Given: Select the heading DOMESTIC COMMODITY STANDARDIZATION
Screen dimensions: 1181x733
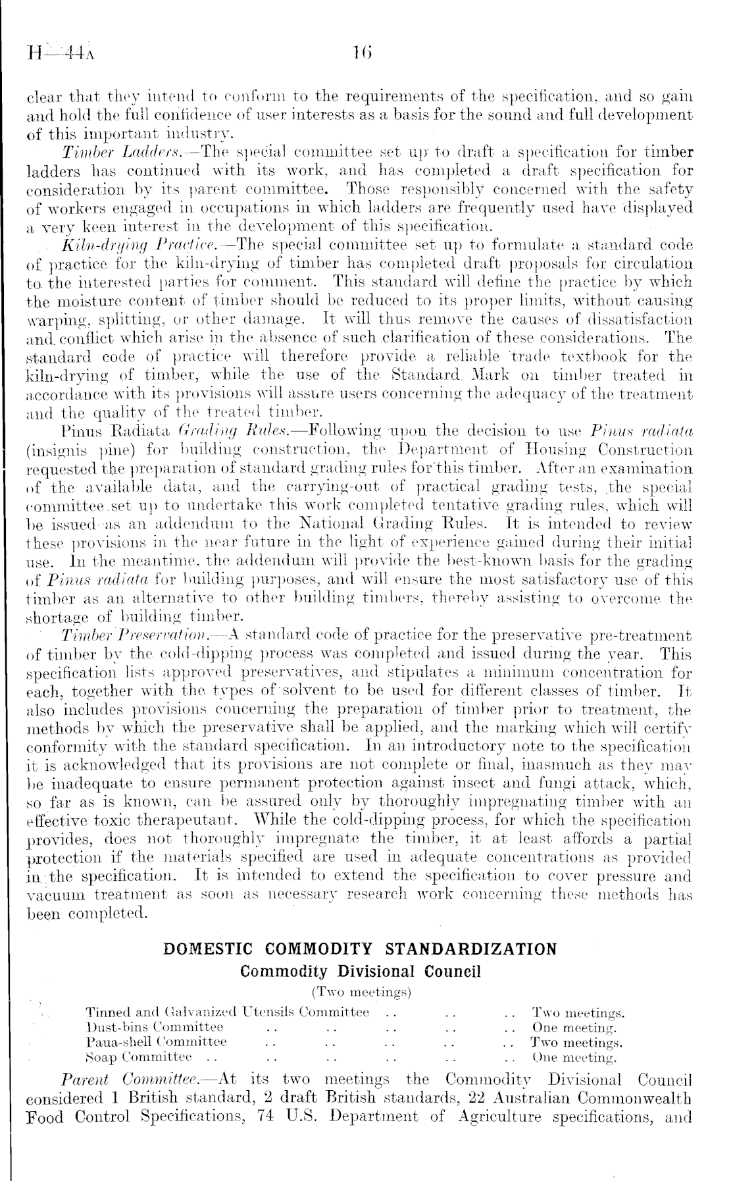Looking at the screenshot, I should (359, 949).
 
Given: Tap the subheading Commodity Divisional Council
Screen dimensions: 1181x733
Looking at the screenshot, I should (361, 971).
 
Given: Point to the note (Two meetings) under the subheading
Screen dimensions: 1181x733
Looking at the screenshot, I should (361, 991).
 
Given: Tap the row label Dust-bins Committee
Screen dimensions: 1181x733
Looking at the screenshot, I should (155, 1026).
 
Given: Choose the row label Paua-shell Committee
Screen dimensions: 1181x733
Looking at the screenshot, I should (157, 1041).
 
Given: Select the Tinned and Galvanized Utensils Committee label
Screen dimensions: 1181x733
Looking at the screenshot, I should (228, 1012).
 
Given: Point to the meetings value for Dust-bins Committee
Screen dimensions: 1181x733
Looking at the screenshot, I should (573, 1027).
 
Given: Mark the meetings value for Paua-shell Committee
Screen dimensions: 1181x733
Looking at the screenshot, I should (576, 1042).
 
